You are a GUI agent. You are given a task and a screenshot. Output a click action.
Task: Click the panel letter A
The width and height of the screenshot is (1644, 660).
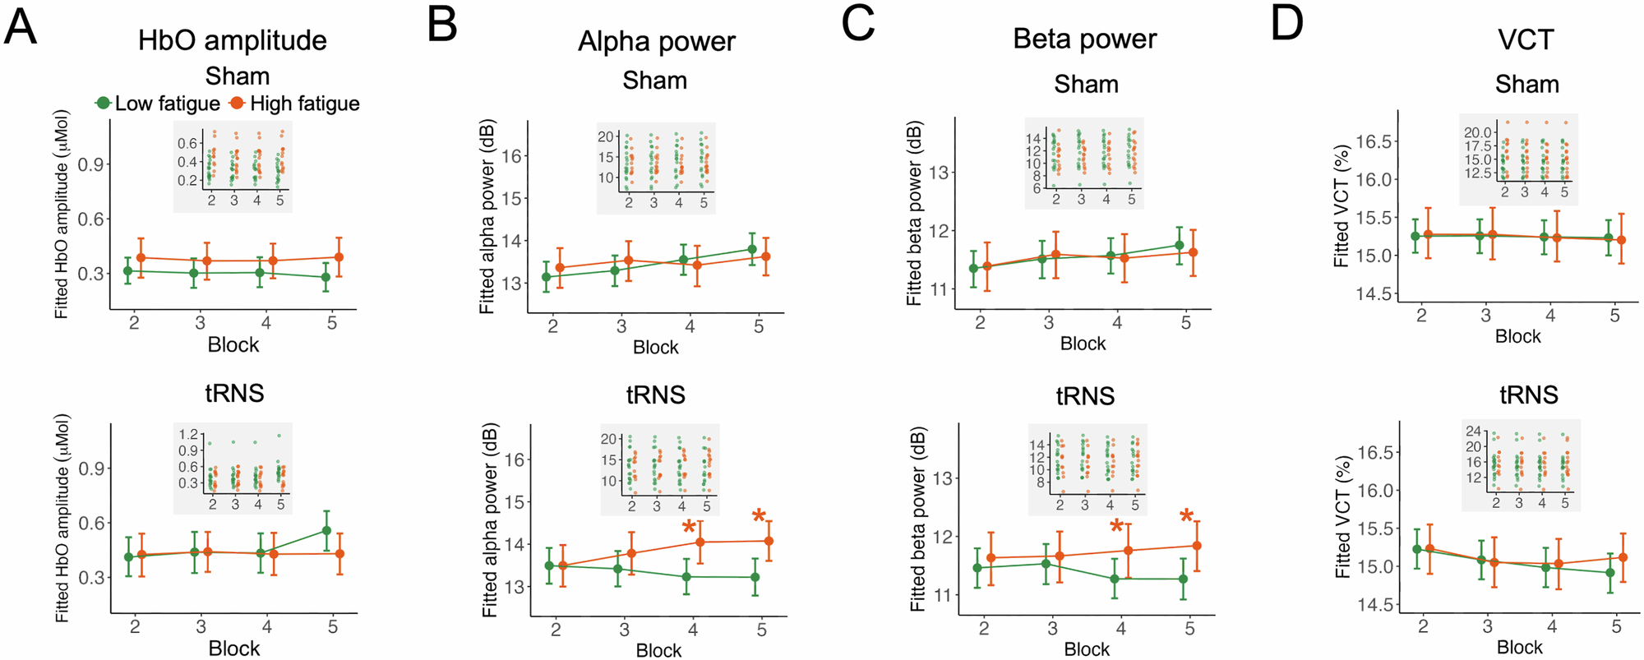(21, 26)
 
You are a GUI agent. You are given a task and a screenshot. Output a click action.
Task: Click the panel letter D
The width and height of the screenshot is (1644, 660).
(1286, 23)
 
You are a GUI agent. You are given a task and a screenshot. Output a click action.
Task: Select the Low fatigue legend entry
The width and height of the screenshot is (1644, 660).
(158, 104)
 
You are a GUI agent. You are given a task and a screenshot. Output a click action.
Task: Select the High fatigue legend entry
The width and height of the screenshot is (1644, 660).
(295, 104)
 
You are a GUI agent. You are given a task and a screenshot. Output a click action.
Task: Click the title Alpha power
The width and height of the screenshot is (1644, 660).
(656, 41)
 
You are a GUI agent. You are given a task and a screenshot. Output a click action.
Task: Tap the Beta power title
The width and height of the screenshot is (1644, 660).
(1084, 39)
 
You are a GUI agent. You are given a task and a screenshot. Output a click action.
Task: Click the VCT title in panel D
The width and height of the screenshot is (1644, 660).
(1526, 39)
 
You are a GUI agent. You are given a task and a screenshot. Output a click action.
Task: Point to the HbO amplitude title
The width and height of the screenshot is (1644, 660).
(232, 40)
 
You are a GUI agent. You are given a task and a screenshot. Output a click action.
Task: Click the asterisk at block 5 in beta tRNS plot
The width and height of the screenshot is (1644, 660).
(1186, 517)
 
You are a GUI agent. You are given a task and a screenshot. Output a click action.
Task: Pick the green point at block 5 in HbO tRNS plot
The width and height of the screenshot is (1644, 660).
(326, 531)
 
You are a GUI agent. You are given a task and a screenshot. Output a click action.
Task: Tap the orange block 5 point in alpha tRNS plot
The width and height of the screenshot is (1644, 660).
(769, 541)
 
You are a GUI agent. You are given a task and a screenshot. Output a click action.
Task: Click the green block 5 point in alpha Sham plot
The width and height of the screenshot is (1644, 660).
(751, 249)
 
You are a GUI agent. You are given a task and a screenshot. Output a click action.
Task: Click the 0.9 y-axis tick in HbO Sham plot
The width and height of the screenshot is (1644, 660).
(90, 164)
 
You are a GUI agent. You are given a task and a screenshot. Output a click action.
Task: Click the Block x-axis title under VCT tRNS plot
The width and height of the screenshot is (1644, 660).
(1519, 648)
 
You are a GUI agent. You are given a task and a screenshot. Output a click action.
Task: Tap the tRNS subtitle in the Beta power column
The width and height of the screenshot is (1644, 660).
(1085, 396)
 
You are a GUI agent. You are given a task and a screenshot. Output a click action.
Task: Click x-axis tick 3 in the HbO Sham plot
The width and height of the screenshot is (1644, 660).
(200, 323)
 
